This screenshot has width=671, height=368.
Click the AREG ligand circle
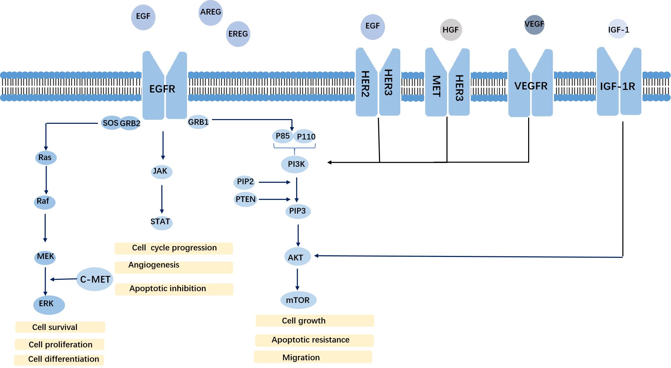pos(211,13)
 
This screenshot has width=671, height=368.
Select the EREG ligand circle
pos(238,34)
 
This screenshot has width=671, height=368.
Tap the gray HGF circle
pos(451,30)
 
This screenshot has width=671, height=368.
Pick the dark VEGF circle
pos(534,24)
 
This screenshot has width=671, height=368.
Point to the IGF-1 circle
pos(618,30)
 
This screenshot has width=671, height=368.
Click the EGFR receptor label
pos(162,89)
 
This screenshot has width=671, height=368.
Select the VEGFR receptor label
pos(531,86)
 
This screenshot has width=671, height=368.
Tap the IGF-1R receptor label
pos(617,87)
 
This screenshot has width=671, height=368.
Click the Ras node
pos(46,158)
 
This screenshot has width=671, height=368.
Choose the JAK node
pos(161,171)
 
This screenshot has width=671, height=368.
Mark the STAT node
pos(161,222)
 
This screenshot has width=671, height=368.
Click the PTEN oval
pos(245,199)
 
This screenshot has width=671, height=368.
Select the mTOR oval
pos(298,300)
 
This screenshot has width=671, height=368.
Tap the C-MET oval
pos(95,279)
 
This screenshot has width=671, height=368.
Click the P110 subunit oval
pos(305,137)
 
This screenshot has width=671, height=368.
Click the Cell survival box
pos(60,327)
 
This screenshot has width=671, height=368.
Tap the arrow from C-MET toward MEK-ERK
pos(64,279)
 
